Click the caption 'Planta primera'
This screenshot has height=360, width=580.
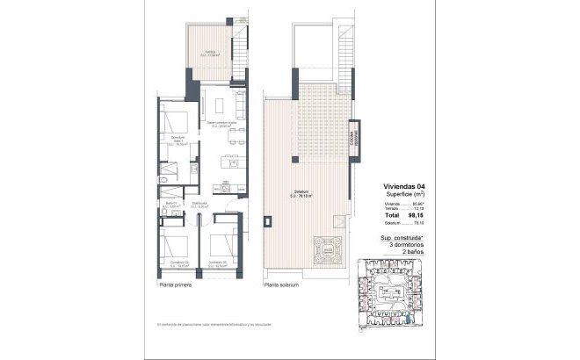(x=177, y=285)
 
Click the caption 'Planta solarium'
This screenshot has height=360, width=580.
(x=282, y=285)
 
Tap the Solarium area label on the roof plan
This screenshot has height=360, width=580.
(x=305, y=196)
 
